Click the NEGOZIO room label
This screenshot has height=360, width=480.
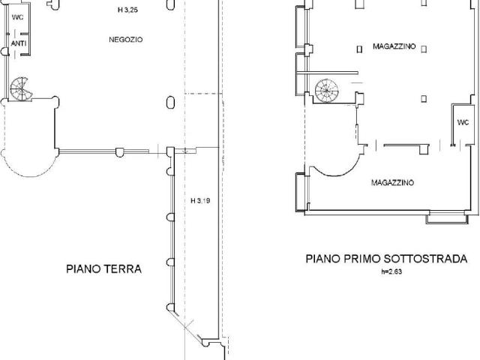click(x=125, y=40)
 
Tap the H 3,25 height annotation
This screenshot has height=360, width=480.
click(x=127, y=10)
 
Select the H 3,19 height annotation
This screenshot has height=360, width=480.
click(x=200, y=200)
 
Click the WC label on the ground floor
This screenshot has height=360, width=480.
click(x=17, y=17)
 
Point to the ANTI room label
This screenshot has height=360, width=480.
click(x=19, y=43)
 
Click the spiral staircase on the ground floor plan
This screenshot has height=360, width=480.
click(x=21, y=89)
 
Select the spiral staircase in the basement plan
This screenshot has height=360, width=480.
click(x=327, y=91)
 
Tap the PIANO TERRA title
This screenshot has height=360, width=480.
click(x=103, y=268)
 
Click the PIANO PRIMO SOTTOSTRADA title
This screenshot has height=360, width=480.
click(x=387, y=259)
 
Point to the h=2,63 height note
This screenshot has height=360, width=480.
click(x=391, y=271)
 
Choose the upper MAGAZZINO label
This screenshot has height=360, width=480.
click(x=394, y=46)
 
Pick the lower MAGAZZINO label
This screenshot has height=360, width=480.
click(x=392, y=182)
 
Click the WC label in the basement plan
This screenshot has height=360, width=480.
click(x=463, y=122)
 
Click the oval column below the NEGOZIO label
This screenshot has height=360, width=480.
click(x=170, y=103)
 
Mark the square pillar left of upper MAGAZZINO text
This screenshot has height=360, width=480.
click(x=360, y=49)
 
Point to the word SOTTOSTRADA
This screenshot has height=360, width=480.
click(x=426, y=259)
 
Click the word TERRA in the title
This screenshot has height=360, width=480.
click(x=123, y=268)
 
